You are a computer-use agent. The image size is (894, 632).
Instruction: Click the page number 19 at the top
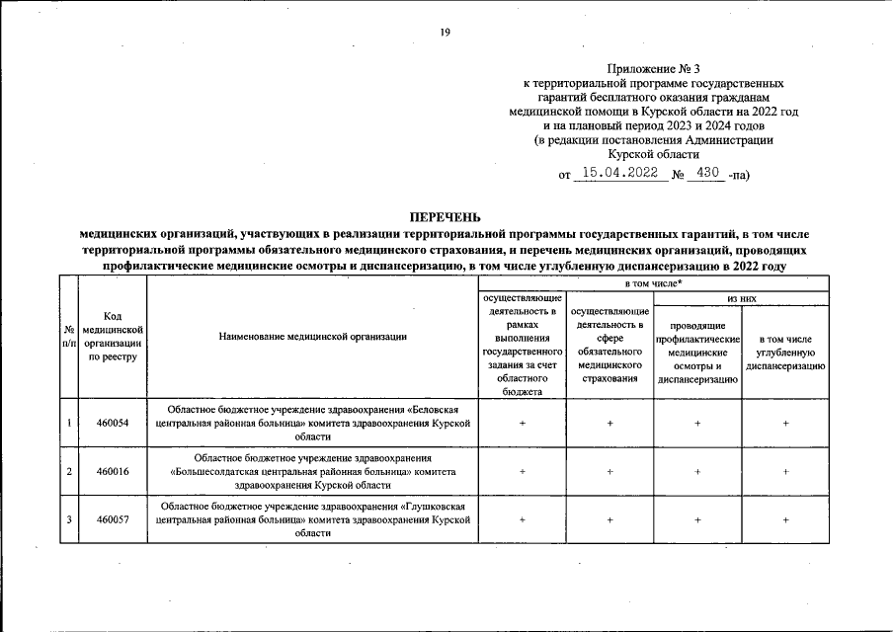446,33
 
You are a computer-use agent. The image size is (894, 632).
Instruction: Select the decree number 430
707,174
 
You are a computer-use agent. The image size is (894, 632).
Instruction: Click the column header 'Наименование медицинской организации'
312,337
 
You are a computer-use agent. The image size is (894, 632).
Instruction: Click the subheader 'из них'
741,296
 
